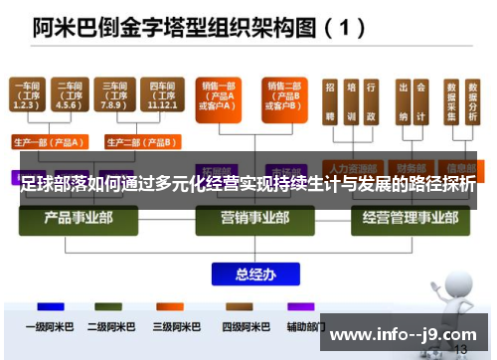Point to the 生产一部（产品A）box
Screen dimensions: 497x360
[x=49, y=140]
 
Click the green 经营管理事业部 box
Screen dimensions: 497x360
[x=399, y=218]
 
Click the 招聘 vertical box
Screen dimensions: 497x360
[x=330, y=101]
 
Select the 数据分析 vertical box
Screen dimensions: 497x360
[x=471, y=101]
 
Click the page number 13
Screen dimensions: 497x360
[x=459, y=349]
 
